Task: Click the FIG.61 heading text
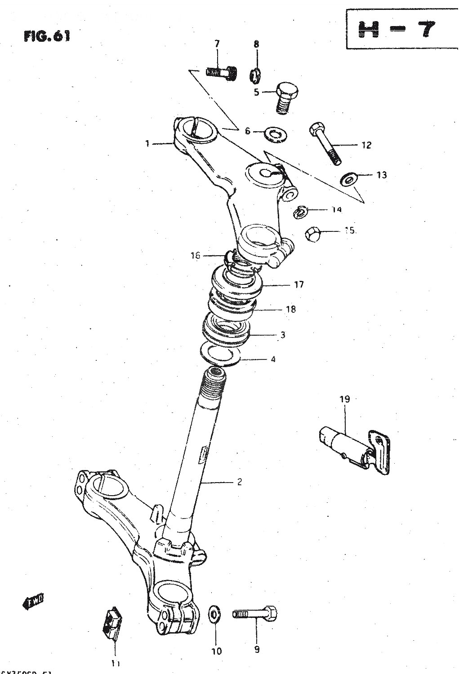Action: pos(47,36)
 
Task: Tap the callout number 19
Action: pos(344,399)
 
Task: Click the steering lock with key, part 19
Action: pos(355,449)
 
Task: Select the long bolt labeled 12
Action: pos(325,144)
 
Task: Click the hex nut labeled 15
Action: pos(312,233)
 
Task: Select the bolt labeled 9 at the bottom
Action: pos(255,613)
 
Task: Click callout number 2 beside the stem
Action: pos(239,482)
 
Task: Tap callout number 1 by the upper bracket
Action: pos(147,143)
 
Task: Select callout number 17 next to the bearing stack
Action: pos(299,284)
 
